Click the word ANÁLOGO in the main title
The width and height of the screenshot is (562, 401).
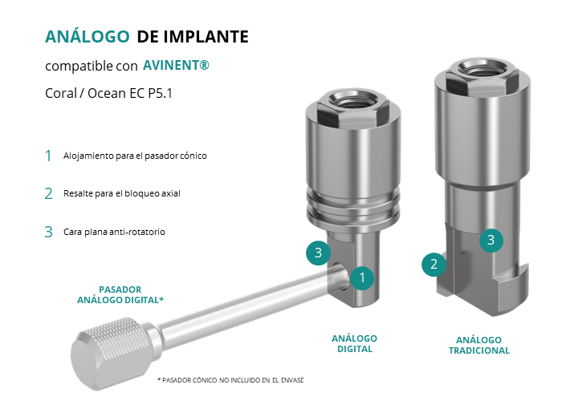point(87,36)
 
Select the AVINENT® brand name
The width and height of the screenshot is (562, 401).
point(176,65)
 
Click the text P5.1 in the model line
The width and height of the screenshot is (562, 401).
point(161,94)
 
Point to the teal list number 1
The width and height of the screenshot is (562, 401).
point(48,156)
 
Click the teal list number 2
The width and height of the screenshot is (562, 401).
point(48,194)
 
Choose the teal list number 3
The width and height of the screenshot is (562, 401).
point(48,232)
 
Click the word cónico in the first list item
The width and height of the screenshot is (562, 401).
point(194,156)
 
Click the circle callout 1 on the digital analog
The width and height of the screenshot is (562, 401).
point(362,277)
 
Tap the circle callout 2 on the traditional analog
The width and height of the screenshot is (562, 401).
point(434,265)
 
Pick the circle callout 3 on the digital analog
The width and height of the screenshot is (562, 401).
point(318,253)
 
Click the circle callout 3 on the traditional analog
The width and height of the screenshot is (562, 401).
point(491,241)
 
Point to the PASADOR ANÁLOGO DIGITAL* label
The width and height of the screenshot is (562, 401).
point(120,294)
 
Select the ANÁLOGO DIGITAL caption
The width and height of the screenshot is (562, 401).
point(355,344)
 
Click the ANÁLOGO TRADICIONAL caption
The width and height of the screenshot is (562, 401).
point(479,345)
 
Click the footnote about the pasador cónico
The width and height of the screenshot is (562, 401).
point(230,380)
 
